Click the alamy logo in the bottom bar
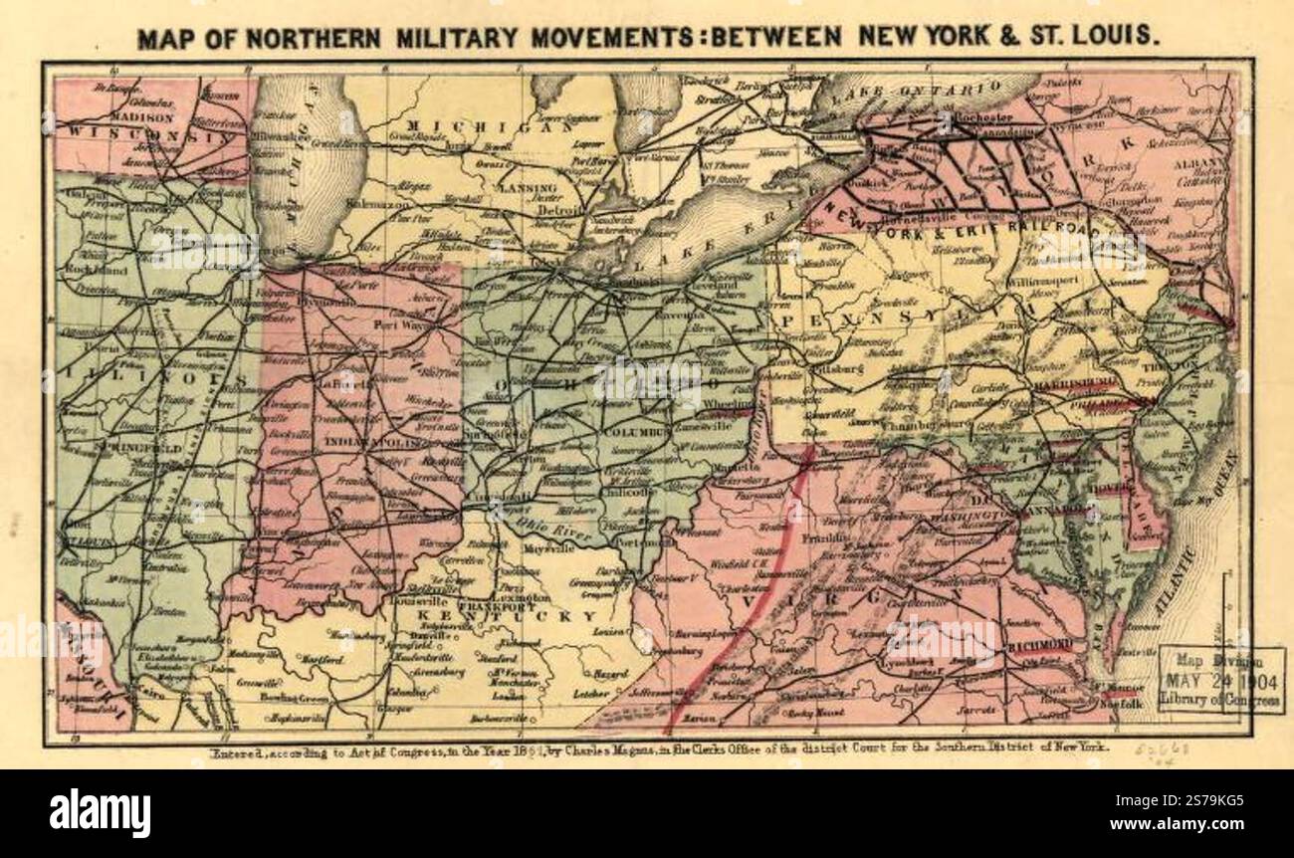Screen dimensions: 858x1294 [x=100, y=811]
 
